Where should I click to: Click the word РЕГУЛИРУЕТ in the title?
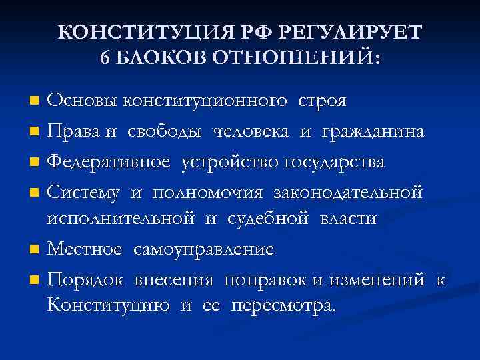point(347,33)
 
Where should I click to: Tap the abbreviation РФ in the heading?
point(255,33)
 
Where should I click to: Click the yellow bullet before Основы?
point(35,102)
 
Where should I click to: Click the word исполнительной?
point(121,219)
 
